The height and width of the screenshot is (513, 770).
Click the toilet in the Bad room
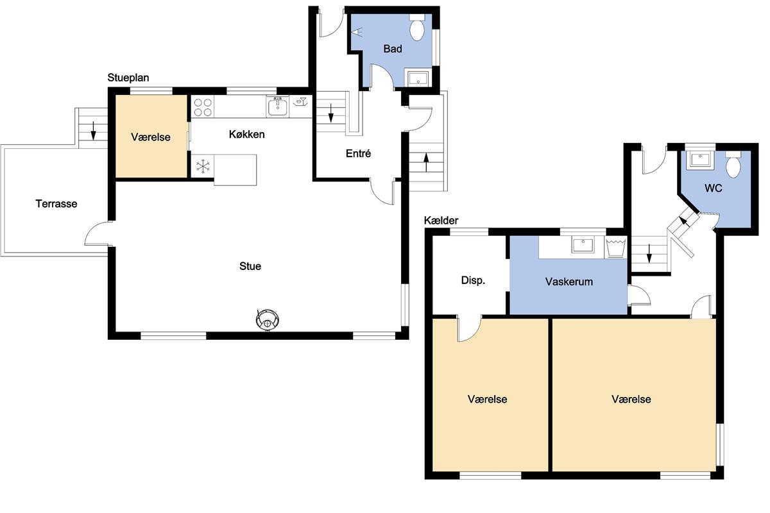tap(417, 28)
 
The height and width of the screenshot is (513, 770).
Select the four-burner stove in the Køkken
tap(203, 107)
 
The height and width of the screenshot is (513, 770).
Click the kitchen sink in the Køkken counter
tap(277, 107)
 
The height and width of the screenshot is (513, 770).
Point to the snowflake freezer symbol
tap(203, 166)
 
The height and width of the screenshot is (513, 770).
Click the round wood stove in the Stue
tap(267, 320)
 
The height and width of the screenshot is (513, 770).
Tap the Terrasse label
tap(56, 204)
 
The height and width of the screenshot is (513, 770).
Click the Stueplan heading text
tap(128, 78)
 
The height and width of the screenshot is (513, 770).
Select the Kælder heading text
tap(441, 220)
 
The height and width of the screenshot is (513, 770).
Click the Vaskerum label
tap(569, 282)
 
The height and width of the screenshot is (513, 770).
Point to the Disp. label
tap(473, 280)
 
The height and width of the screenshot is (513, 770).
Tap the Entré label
tap(358, 153)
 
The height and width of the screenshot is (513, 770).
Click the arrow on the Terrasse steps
tap(93, 131)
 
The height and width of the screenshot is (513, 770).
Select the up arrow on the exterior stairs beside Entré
tap(426, 162)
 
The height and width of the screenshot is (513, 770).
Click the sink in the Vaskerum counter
tap(583, 244)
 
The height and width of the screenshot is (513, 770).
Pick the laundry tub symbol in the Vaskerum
tap(615, 247)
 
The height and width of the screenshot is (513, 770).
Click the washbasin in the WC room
tap(700, 160)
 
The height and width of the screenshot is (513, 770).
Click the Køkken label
tap(247, 135)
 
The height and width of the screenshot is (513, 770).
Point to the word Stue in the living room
tap(250, 266)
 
